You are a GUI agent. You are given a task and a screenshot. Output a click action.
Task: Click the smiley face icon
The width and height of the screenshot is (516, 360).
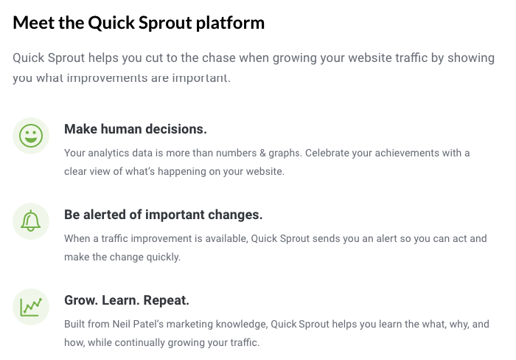pyautogui.click(x=31, y=136)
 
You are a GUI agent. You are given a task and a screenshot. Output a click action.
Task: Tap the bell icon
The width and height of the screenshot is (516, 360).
pyautogui.click(x=31, y=221)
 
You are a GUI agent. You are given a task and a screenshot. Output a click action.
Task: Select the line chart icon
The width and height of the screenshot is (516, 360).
pyautogui.click(x=31, y=307)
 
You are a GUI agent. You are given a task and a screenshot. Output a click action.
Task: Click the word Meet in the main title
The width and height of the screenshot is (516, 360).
pyautogui.click(x=34, y=23)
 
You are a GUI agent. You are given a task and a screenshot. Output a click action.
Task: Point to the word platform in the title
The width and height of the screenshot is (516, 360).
pyautogui.click(x=230, y=24)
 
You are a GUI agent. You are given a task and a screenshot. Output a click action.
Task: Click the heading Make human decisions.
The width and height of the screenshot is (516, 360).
pyautogui.click(x=136, y=129)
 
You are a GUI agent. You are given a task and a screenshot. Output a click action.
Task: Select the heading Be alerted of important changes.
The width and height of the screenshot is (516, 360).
pyautogui.click(x=163, y=215)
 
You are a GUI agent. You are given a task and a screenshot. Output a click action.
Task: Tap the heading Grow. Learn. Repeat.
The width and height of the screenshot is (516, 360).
pyautogui.click(x=127, y=300)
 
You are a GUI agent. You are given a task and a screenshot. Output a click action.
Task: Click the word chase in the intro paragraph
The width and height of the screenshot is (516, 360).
pyautogui.click(x=219, y=58)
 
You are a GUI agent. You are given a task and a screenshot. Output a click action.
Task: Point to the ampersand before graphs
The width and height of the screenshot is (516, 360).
pyautogui.click(x=262, y=153)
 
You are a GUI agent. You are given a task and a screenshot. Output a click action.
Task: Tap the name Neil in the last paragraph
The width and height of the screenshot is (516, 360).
pyautogui.click(x=121, y=324)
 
